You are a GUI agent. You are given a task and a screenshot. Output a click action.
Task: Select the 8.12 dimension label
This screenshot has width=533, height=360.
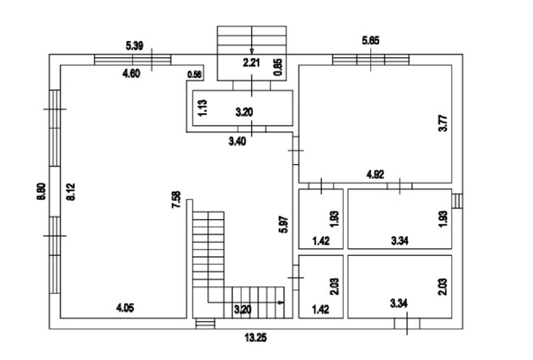point(70,192)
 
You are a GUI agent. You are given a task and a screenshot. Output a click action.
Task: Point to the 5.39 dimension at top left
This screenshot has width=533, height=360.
point(134,46)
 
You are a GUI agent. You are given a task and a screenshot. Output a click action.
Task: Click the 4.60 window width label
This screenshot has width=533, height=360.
point(131,75)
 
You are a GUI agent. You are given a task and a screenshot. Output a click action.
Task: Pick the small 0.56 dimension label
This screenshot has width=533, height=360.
point(194,75)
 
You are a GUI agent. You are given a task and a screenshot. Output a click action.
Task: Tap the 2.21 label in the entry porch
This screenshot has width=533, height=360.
point(251,63)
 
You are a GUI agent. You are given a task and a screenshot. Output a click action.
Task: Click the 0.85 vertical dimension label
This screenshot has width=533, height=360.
point(278,66)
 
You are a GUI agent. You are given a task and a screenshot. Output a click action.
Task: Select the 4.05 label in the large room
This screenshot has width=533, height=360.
point(125,308)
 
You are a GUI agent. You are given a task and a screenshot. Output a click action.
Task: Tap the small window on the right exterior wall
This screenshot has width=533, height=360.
point(458,201)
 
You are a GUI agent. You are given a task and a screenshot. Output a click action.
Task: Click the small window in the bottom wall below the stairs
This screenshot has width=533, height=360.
point(205,323)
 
